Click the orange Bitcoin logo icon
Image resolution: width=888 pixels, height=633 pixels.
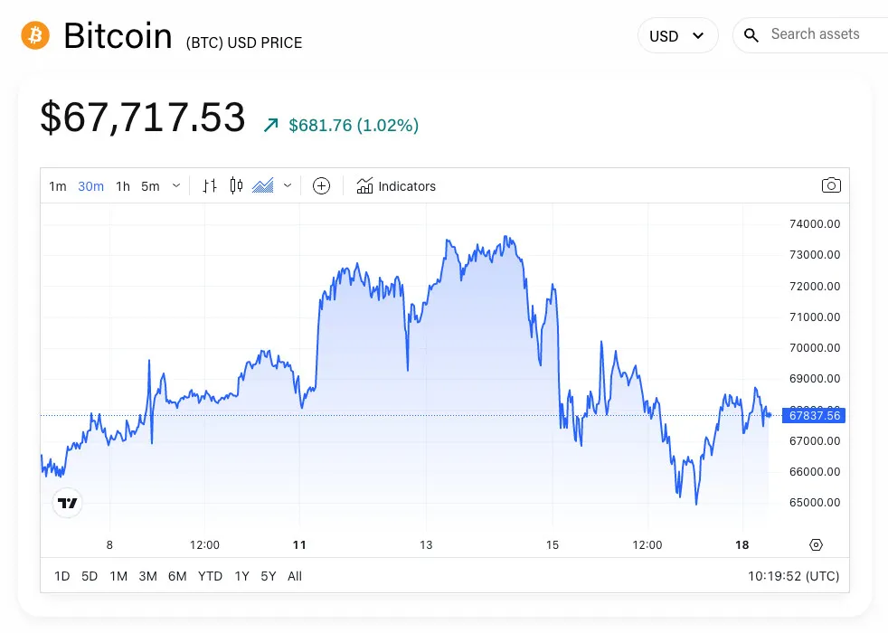point(35,35)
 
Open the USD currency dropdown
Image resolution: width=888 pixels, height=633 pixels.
point(677,36)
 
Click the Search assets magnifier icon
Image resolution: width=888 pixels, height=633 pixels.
point(751,35)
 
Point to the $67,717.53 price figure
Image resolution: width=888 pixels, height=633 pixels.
point(143,118)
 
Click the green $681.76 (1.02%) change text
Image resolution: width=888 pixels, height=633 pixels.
point(354,126)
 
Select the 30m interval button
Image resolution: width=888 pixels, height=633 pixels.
point(90,186)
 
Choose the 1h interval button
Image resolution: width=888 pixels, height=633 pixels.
point(123,186)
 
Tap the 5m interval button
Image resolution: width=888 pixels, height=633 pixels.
point(150,186)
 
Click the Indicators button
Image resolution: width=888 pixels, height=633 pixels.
point(396,186)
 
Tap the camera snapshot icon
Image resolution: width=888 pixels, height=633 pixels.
point(831,185)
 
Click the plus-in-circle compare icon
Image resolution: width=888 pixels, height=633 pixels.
point(321,186)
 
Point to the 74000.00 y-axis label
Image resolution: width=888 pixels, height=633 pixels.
point(815,224)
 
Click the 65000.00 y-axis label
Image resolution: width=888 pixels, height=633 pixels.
point(815,503)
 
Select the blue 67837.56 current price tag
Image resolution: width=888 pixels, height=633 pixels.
point(814,416)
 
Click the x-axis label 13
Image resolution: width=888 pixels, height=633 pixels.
point(426,545)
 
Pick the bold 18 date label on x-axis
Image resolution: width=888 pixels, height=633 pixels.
point(742,545)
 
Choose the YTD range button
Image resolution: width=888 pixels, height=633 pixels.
point(210,576)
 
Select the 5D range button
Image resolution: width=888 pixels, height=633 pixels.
point(90,576)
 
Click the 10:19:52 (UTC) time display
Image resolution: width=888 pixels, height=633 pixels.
point(793,576)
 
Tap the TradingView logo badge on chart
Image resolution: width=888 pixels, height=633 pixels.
point(67,503)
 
